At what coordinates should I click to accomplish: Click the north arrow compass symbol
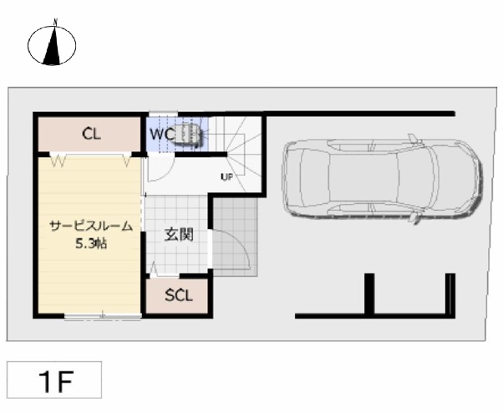[x=52, y=45]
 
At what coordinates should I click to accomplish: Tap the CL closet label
[x=91, y=134]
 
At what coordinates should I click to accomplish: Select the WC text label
[x=162, y=135]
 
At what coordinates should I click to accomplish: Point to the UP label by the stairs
[x=226, y=176]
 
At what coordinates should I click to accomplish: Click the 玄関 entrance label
[x=179, y=235]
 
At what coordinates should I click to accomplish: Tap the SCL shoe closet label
[x=179, y=296]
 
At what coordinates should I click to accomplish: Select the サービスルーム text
[x=91, y=227]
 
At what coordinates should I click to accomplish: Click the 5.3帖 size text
[x=91, y=243]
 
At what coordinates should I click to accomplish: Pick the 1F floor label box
[x=54, y=380]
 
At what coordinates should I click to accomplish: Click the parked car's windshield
[x=416, y=178]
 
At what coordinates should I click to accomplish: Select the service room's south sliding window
[x=103, y=317]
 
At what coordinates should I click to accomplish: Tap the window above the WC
[x=163, y=114]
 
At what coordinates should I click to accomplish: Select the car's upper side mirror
[x=413, y=139]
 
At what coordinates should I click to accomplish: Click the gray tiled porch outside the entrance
[x=236, y=237]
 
